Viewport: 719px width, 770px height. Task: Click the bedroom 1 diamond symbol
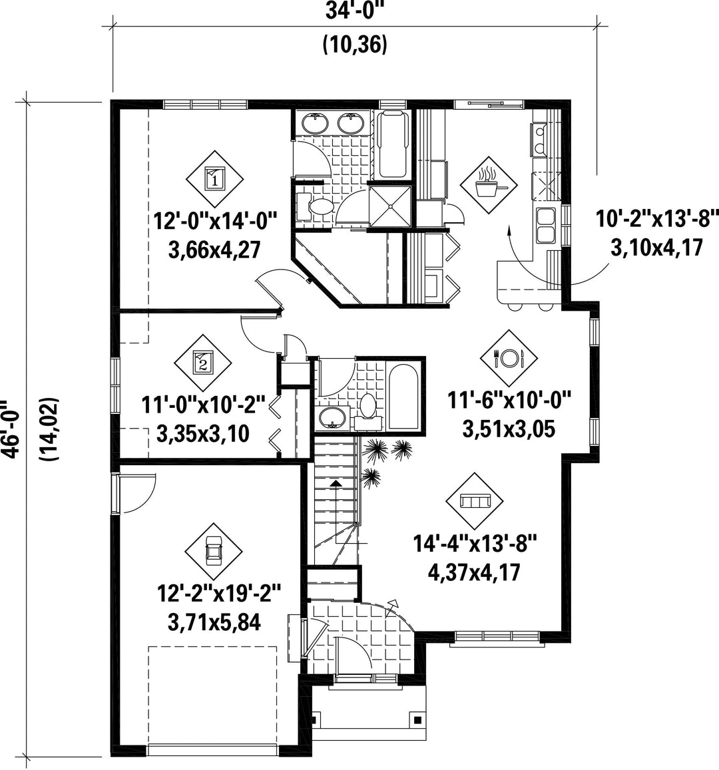point(214,179)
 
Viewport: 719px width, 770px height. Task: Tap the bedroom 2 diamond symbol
point(203,363)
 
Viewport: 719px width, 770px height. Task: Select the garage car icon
point(214,550)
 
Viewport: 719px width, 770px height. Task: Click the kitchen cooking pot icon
point(488,185)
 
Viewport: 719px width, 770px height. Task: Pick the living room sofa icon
point(475,501)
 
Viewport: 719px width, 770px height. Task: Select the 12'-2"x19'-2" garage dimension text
point(218,592)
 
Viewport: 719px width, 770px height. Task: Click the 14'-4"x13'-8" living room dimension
point(475,544)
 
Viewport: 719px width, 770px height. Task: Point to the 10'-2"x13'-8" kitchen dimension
point(657,218)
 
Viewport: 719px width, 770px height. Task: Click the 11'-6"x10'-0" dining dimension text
point(509,400)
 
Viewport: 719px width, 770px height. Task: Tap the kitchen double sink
point(546,225)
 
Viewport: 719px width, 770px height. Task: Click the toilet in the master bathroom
point(317,206)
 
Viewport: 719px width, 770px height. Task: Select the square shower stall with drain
point(389,206)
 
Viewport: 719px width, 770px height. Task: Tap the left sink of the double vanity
point(315,122)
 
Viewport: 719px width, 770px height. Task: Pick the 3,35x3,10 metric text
point(203,434)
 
